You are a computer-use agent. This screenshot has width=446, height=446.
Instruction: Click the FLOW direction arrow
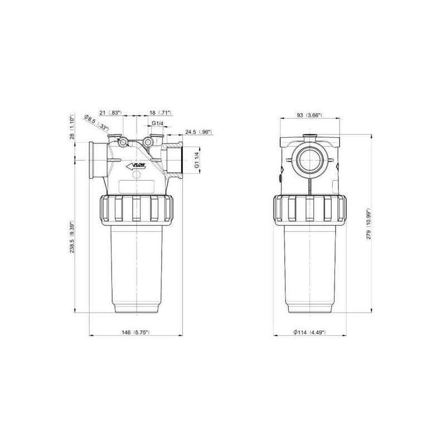tap(136, 166)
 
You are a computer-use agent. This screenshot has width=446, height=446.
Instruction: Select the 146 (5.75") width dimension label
tap(135, 332)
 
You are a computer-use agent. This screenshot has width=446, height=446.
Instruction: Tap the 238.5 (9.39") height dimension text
tap(72, 236)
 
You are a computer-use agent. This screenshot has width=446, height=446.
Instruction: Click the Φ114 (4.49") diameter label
tap(310, 332)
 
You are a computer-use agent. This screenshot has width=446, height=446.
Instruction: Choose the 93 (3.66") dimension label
tap(309, 115)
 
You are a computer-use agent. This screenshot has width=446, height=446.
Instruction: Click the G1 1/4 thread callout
tap(197, 160)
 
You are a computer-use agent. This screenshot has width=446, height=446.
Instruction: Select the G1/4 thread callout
tap(157, 123)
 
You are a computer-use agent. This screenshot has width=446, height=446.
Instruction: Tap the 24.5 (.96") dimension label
tap(199, 132)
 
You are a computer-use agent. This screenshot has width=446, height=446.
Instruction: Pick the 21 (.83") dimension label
tap(110, 113)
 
